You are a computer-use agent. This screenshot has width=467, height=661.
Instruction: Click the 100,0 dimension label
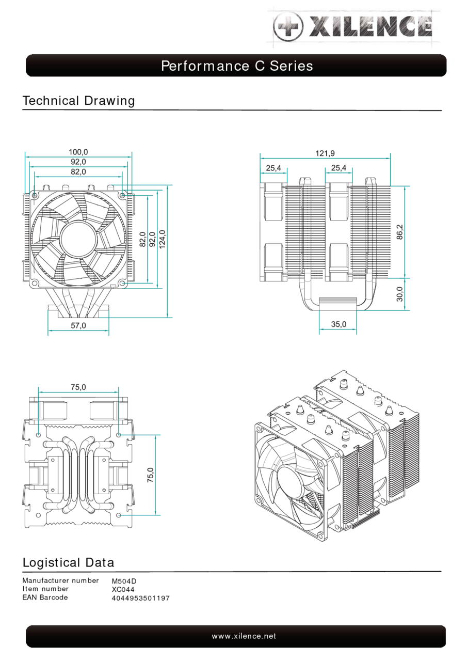78,152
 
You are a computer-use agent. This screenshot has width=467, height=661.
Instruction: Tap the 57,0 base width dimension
78,326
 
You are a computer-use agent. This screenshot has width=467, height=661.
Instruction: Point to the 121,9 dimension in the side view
325,153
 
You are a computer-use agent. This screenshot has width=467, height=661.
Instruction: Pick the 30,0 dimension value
400,294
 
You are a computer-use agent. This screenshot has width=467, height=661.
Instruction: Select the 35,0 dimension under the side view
339,324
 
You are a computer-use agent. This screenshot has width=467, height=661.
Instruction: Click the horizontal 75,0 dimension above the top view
78,387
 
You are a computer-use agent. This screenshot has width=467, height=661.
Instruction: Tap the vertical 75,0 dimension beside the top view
150,475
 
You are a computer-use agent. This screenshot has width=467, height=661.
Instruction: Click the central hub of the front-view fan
78,238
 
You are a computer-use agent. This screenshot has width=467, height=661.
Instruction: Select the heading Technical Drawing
78,101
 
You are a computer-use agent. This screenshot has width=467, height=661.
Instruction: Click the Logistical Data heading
68,562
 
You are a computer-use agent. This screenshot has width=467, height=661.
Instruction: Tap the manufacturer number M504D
124,581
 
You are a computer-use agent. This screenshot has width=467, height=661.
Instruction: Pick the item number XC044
123,589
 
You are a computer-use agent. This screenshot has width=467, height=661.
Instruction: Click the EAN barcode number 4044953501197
140,598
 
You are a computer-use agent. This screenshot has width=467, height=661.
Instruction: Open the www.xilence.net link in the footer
244,636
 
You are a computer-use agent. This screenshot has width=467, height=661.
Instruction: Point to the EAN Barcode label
45,597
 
